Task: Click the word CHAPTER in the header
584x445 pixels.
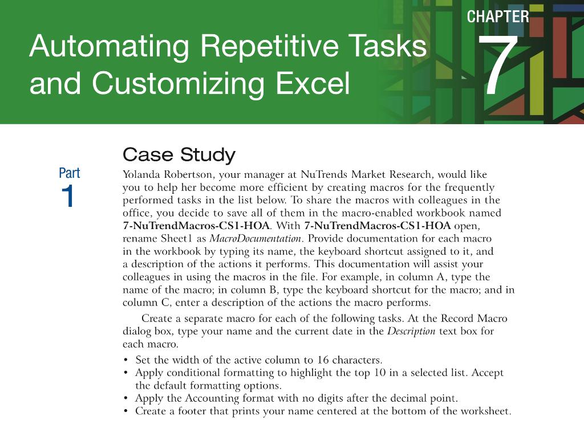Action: (x=497, y=17)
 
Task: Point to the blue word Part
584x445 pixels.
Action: (x=70, y=173)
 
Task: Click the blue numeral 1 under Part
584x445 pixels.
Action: (x=67, y=197)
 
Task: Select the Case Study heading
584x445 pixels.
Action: (x=179, y=155)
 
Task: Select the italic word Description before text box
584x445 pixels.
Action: (x=411, y=331)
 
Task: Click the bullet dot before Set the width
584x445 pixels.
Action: (x=125, y=360)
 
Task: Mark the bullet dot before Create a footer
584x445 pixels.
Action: (x=125, y=411)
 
